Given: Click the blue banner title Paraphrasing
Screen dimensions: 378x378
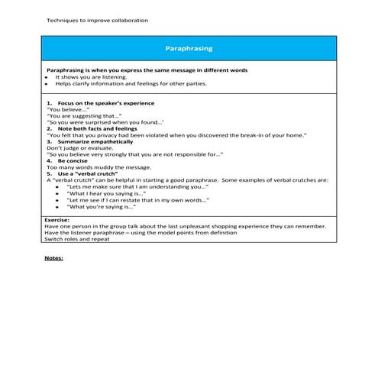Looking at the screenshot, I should (x=189, y=49).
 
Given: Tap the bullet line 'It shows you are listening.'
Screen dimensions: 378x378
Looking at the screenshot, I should (x=91, y=76).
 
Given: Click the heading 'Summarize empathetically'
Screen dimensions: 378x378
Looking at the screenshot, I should (x=98, y=141).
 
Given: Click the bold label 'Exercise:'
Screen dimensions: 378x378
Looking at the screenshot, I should (x=57, y=219).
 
